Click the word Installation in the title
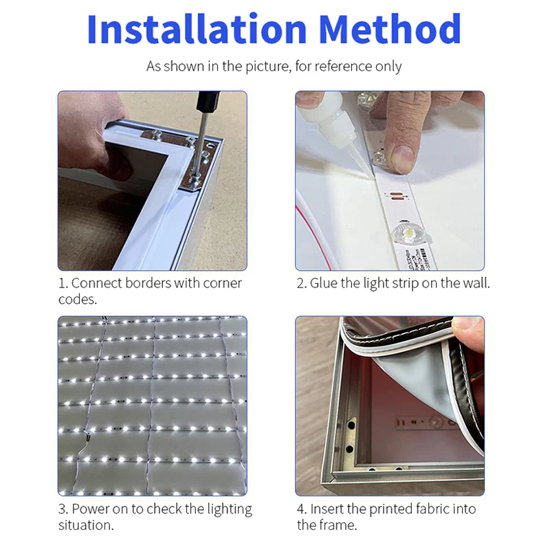coord(195,30)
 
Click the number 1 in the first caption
coord(62,283)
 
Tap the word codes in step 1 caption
coord(76,300)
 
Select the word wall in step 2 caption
coord(476,283)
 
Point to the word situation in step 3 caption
coord(85,526)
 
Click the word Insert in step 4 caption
coord(328,509)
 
